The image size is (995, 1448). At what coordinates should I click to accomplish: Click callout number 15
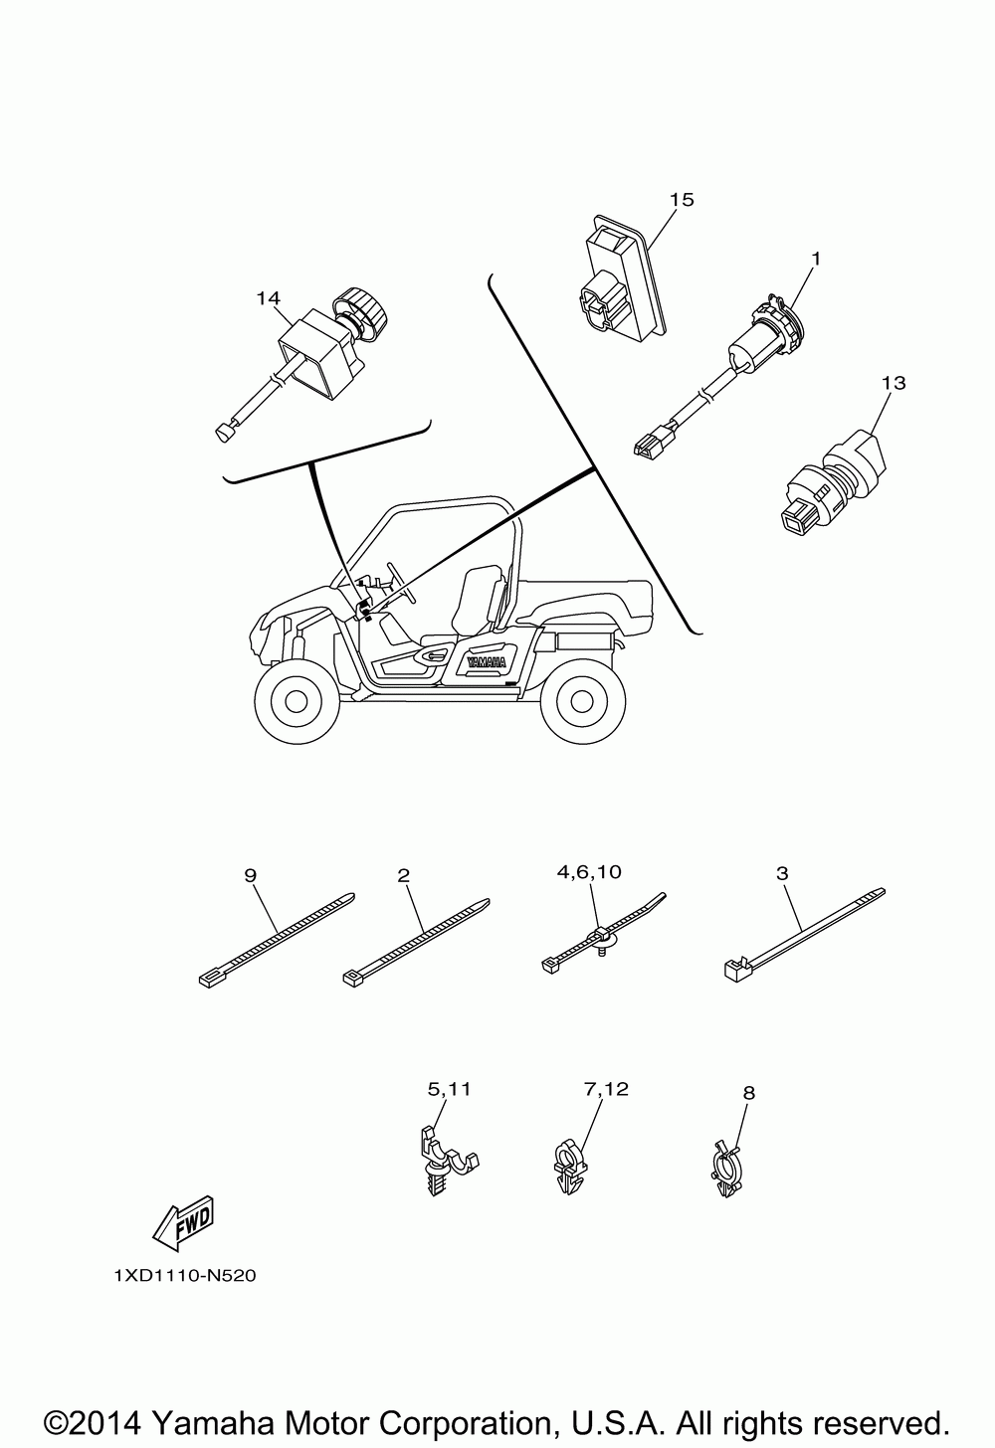point(682,200)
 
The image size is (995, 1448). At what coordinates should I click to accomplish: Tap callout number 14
point(268,297)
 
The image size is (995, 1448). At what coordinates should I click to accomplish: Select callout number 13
point(894,382)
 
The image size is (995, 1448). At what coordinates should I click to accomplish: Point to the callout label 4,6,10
point(589,871)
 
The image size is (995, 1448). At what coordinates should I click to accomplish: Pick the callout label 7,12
point(606,1089)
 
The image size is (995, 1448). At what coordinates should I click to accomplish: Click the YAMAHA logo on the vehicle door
point(485,661)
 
